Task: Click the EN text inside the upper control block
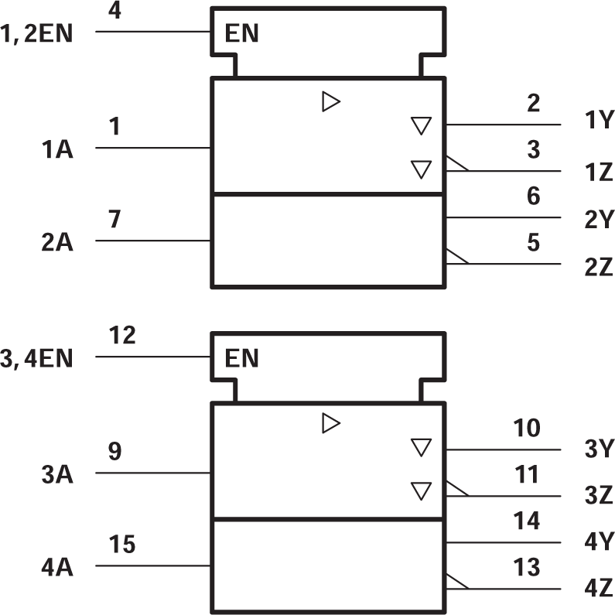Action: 241,33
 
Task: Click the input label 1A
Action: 58,150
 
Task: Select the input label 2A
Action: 58,243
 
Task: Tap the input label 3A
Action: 58,475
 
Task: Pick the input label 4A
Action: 58,568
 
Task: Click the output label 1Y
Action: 599,121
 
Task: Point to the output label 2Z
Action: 599,268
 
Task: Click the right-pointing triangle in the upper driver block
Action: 331,101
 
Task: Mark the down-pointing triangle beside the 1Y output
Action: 420,126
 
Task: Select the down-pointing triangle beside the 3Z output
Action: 420,490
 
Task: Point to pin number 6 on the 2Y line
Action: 533,196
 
